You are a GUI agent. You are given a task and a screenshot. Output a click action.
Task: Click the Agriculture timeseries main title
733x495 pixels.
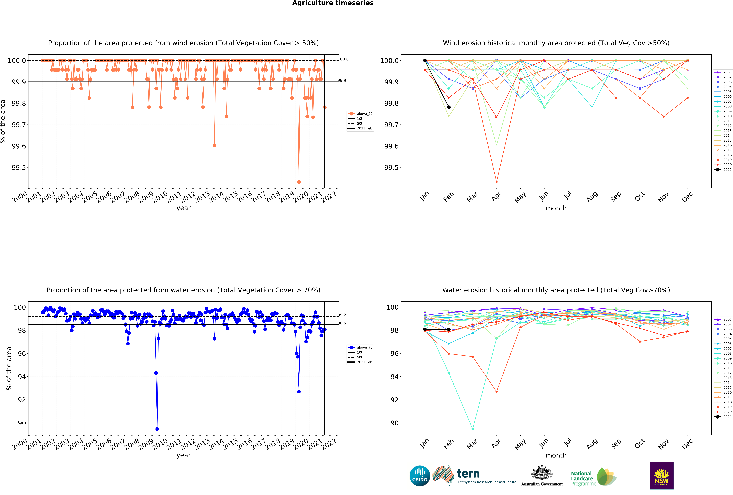click(333, 3)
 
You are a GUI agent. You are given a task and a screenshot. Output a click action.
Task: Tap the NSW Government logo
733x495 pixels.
click(661, 476)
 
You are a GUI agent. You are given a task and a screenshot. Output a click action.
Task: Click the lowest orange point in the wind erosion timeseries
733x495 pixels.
click(299, 182)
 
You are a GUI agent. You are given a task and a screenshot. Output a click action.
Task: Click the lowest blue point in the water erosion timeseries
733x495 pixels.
click(157, 429)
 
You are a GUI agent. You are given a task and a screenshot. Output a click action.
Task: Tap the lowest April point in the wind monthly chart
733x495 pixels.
click(496, 182)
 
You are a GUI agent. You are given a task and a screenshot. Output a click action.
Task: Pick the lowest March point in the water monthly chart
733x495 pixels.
click(472, 429)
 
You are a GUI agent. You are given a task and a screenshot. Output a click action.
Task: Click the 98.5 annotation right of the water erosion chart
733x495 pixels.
click(342, 323)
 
